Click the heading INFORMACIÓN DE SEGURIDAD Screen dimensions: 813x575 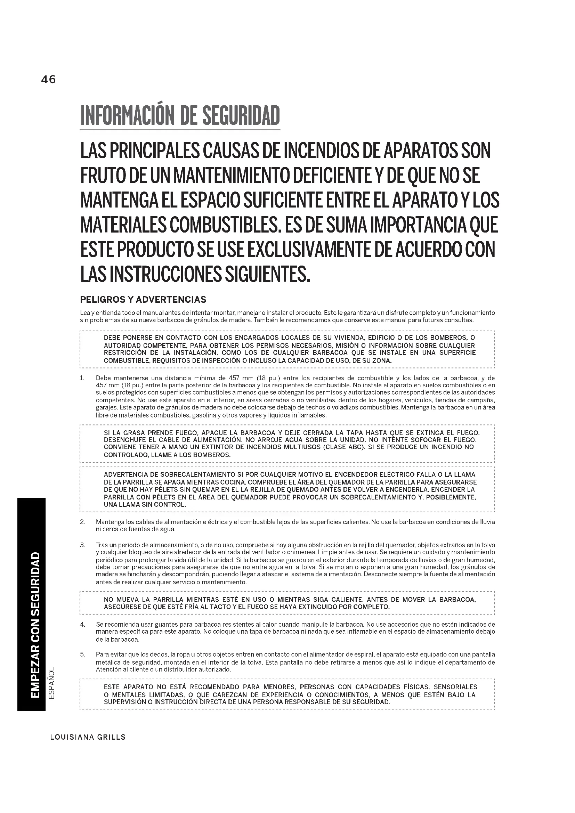coord(180,116)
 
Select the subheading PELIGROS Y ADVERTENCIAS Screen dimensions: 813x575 coord(143,300)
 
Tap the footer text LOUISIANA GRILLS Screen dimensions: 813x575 coord(88,737)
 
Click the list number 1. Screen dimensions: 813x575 coord(82,378)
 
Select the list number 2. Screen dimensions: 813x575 coord(82,522)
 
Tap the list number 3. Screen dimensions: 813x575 coord(82,545)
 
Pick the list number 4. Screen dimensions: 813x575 coord(82,624)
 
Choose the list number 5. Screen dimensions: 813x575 coord(82,655)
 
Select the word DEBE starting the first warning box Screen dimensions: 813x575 coord(113,338)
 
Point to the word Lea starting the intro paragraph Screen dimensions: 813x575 coord(85,313)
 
